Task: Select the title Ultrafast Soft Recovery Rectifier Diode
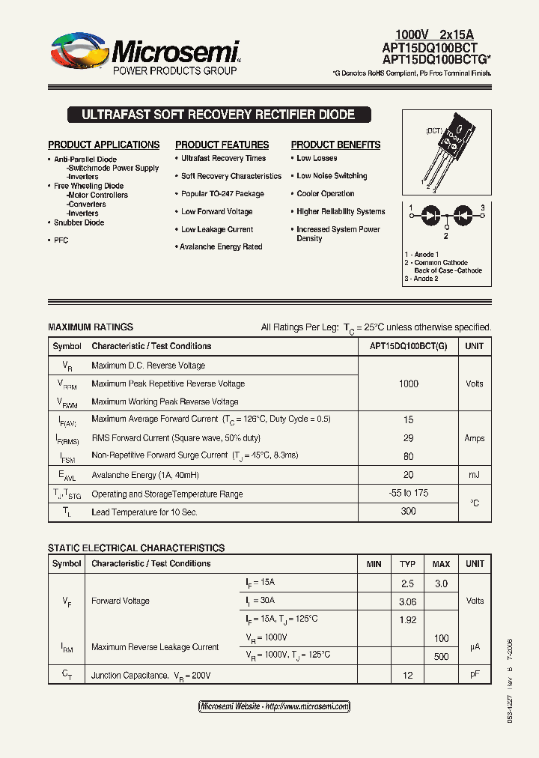[x=218, y=115]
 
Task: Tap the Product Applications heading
[x=104, y=145]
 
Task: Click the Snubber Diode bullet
[x=79, y=222]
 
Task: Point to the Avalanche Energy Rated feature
[x=221, y=246]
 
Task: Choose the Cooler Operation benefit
[x=325, y=194]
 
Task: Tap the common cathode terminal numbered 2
[x=447, y=234]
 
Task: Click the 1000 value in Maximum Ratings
[x=409, y=383]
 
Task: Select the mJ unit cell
[x=475, y=475]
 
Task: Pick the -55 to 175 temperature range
[x=409, y=494]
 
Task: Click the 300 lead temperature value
[x=409, y=512]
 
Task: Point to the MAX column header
[x=441, y=563]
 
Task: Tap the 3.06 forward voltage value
[x=408, y=601]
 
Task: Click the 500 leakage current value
[x=441, y=657]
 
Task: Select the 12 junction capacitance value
[x=408, y=676]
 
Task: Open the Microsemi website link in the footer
[x=274, y=706]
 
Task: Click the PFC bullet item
[x=61, y=240]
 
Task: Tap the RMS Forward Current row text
[x=176, y=438]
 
